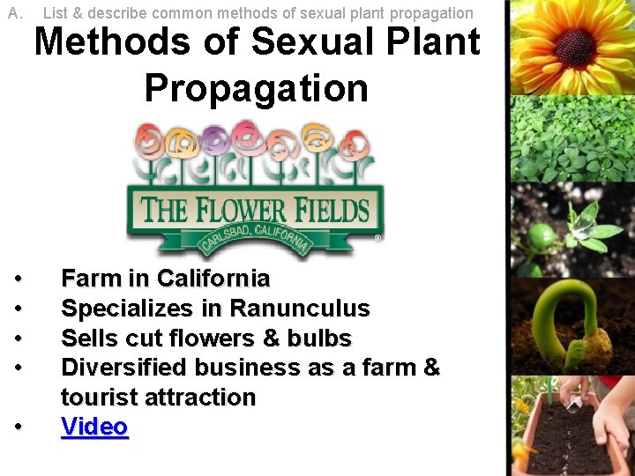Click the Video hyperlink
coord(94,427)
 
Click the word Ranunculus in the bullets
coord(299,309)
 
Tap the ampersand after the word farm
coord(431,368)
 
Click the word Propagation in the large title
coord(256,88)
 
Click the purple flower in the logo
coord(215,139)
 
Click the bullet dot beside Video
coord(19,427)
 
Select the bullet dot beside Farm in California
coord(19,279)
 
